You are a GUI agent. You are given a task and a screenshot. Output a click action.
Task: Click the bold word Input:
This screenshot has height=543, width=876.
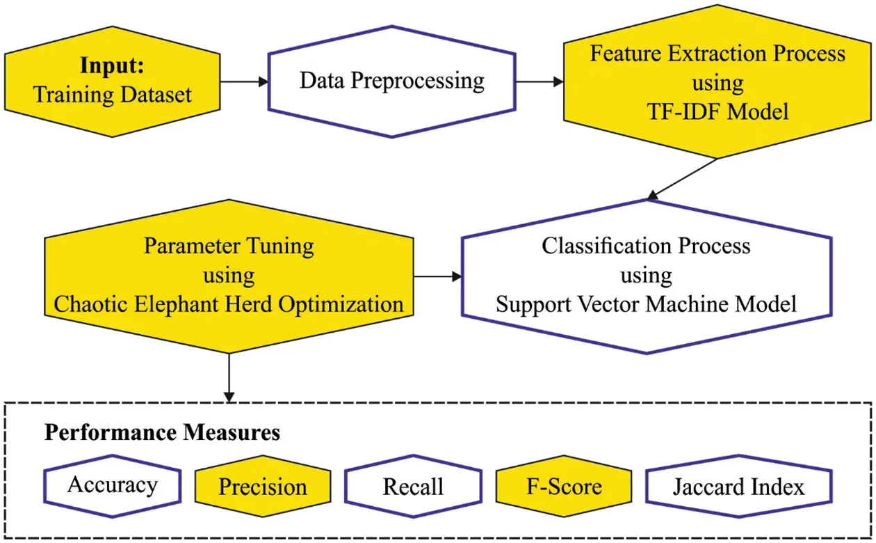tap(111, 66)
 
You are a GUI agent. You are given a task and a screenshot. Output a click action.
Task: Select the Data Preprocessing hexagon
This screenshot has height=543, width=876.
tap(391, 81)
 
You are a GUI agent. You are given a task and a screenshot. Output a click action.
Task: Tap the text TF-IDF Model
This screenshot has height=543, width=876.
tap(717, 111)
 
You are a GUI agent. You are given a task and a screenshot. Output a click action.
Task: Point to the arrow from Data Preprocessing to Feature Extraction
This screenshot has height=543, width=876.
tap(540, 81)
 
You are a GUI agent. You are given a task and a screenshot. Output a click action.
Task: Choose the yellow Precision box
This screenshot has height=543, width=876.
tap(262, 486)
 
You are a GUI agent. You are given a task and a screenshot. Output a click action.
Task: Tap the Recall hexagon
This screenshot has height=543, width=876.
tap(413, 486)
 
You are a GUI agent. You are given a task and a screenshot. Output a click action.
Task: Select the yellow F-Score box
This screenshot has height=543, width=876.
tap(564, 486)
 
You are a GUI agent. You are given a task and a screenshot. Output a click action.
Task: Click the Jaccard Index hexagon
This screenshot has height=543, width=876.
tap(738, 486)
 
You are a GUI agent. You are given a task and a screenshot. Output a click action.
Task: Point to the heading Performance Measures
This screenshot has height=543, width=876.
tap(162, 433)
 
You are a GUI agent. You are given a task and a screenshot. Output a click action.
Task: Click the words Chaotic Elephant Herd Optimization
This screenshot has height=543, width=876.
tap(229, 304)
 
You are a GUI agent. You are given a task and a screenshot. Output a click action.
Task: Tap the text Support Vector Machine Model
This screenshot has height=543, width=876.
tap(646, 304)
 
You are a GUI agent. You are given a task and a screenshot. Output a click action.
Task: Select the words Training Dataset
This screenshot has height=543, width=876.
tap(112, 94)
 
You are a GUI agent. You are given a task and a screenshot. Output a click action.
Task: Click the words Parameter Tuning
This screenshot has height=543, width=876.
tap(229, 246)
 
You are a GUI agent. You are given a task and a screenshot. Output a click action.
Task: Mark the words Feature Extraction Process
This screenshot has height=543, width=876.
tap(717, 54)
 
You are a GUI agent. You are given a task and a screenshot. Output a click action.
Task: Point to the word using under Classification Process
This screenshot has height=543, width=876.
tap(646, 276)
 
